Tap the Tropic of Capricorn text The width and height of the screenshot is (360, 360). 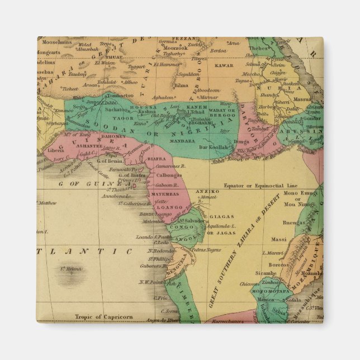pyautogui.click(x=104, y=317)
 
